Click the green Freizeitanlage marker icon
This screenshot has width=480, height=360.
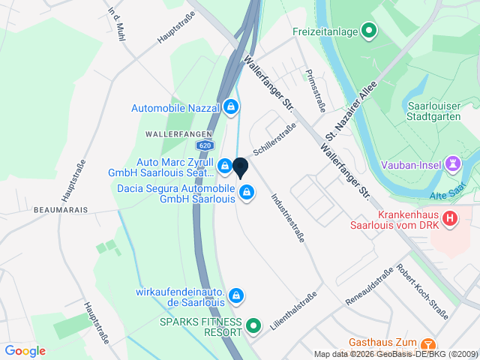click(368, 31)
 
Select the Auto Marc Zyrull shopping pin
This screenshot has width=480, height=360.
click(224, 165)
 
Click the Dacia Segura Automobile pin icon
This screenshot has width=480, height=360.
click(245, 194)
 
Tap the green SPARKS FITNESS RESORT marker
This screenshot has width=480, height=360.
click(253, 326)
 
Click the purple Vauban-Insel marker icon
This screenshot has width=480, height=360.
click(452, 162)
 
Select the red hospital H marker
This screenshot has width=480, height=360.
click(449, 219)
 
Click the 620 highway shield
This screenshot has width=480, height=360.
click(205, 145)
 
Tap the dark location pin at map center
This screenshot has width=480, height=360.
click(241, 168)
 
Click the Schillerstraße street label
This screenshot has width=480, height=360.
click(274, 139)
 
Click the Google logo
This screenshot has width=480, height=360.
click(25, 350)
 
